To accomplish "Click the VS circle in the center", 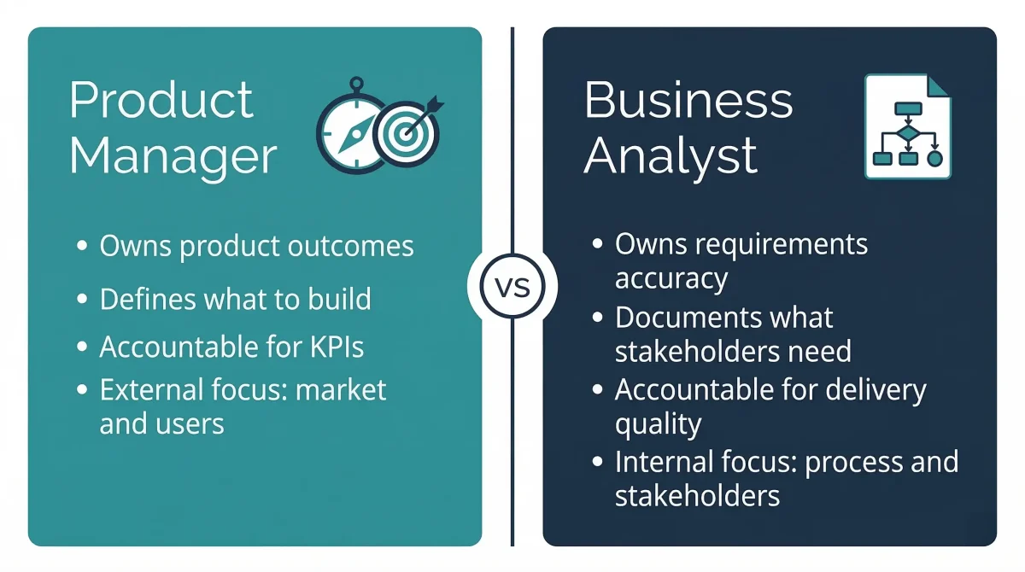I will [512, 286].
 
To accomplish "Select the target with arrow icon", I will [407, 134].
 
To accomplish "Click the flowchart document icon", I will [907, 126].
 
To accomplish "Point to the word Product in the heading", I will [161, 101].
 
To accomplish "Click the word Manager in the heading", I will [173, 156].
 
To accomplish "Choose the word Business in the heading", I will [688, 101].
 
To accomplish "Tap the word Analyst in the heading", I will [671, 156].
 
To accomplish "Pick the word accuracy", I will [671, 279].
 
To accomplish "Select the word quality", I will [659, 424].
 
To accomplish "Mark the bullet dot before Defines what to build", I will [82, 300].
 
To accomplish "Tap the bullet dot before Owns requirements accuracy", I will [597, 245].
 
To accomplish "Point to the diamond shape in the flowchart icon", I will [907, 134].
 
